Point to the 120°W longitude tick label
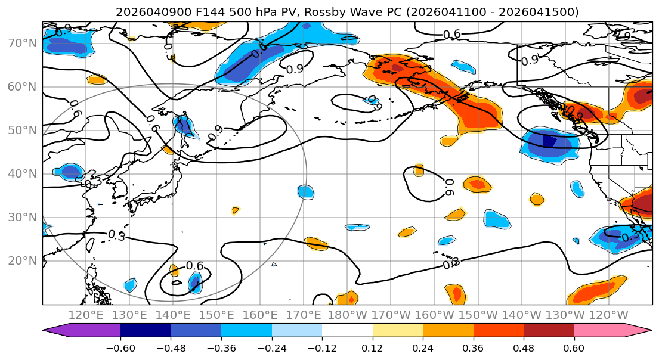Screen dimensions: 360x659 pos(609,315)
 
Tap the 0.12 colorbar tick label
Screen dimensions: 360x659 pos(372,347)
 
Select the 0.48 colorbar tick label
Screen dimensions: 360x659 pos(524,347)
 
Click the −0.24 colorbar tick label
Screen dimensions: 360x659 pos(271,347)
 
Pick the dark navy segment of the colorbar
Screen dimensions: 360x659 pos(146,331)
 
